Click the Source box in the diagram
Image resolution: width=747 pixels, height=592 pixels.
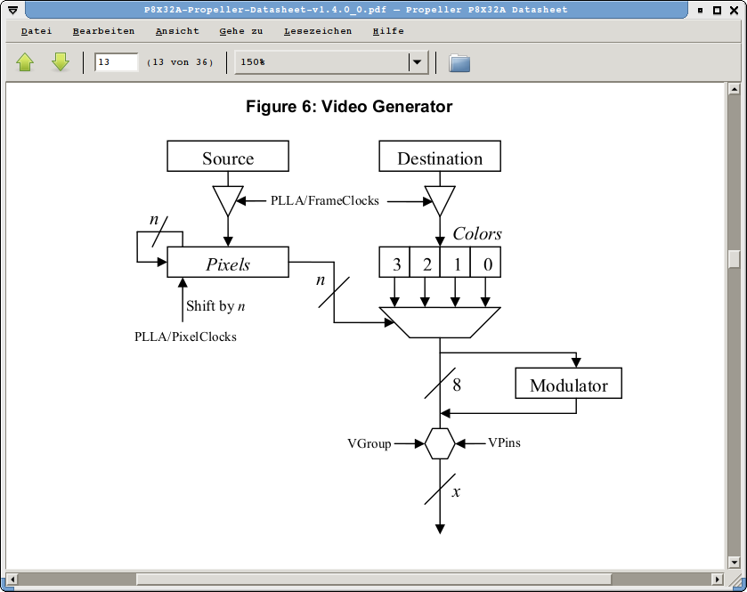228,157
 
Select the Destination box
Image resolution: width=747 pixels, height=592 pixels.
440,157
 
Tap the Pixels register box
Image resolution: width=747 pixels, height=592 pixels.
228,263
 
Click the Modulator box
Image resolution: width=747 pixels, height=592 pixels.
568,385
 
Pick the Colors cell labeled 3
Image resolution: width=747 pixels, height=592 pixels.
394,263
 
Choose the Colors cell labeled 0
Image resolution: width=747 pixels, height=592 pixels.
486,263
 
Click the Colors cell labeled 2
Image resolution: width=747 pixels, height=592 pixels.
426,263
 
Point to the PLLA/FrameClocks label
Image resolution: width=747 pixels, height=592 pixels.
325,201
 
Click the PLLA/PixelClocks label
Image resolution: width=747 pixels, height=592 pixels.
185,337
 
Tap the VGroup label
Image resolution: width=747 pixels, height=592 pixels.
369,443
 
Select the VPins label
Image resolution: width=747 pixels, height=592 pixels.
504,442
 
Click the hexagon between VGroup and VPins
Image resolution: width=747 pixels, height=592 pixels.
440,442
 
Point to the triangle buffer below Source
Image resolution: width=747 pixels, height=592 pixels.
228,199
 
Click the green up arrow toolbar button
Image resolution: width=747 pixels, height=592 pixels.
25,62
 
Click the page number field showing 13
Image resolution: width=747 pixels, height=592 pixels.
117,62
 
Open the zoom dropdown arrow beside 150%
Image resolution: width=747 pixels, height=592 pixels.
416,62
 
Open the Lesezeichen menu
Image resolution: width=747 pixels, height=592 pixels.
318,31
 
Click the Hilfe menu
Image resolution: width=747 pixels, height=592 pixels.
388,31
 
